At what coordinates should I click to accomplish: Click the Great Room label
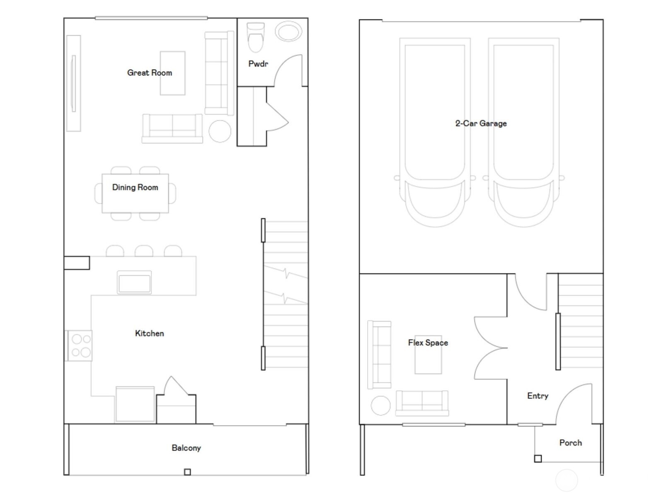click(149, 73)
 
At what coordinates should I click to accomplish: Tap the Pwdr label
click(258, 64)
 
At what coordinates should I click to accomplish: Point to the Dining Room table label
click(135, 187)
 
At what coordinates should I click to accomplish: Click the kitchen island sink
click(134, 283)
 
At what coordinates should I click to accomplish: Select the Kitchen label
click(149, 333)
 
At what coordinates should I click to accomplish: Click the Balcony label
click(186, 448)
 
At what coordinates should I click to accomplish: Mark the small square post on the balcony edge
click(187, 472)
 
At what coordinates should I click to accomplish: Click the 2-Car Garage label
click(481, 123)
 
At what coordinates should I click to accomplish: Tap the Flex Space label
click(428, 343)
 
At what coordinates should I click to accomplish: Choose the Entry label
click(537, 396)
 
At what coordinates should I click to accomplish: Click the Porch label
click(570, 443)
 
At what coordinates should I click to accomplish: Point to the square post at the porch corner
click(537, 458)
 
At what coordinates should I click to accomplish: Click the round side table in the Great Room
click(220, 131)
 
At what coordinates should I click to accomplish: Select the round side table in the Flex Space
click(380, 405)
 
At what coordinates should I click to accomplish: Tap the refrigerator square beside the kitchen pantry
click(135, 404)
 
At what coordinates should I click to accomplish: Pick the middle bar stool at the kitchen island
click(144, 251)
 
